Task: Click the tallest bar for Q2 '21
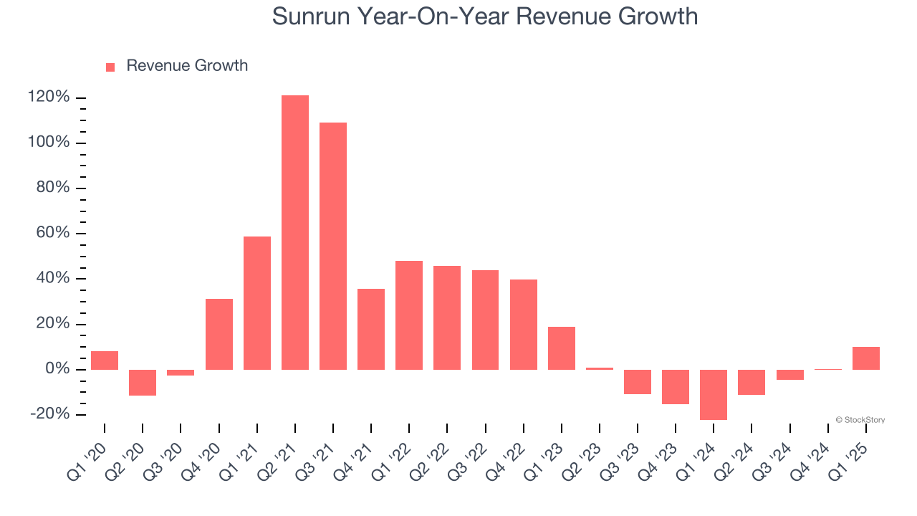click(295, 232)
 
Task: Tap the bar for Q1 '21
click(257, 303)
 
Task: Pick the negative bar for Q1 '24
click(714, 394)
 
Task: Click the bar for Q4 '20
click(219, 334)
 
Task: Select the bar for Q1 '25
click(866, 358)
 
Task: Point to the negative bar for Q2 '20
click(143, 383)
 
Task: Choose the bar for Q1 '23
click(562, 348)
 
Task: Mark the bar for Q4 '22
click(524, 325)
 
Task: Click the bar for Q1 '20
click(105, 360)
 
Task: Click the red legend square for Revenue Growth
click(110, 67)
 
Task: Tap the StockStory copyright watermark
click(860, 420)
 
